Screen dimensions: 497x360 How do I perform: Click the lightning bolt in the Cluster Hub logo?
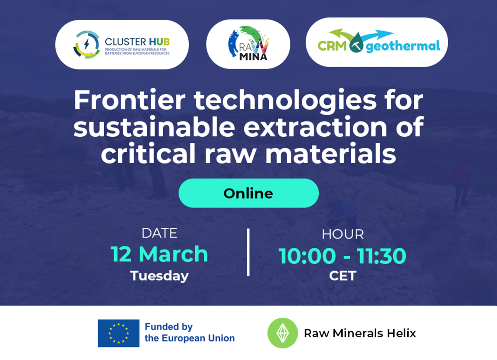[87, 44]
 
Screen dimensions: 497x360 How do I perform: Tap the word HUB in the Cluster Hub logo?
[159, 42]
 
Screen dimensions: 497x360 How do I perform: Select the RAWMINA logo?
[248, 43]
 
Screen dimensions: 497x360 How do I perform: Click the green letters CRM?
[332, 46]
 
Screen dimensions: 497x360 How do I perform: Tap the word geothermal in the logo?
[403, 46]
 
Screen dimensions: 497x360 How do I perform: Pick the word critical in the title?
[148, 153]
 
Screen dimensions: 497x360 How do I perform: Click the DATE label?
[159, 233]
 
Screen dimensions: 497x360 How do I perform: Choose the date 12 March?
[159, 254]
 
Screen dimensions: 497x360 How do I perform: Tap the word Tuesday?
[159, 276]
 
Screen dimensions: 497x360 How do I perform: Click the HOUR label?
[343, 234]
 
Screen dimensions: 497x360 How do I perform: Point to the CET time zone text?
[343, 276]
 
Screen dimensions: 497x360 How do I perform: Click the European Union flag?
[118, 333]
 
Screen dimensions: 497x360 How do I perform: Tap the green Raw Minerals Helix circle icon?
[282, 333]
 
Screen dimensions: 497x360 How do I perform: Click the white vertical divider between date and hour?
[248, 252]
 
